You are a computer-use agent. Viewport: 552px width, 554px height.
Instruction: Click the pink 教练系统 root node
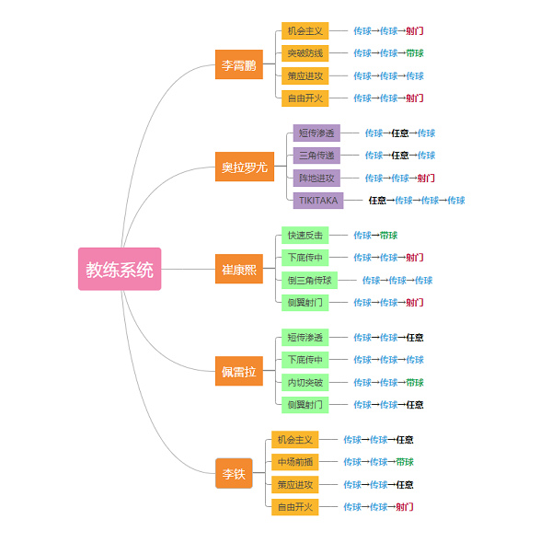120,269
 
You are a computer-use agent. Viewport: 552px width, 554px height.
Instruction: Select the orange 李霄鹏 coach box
238,64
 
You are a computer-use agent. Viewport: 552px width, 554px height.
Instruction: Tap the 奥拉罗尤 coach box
244,167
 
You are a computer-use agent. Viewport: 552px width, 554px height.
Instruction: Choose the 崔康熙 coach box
238,269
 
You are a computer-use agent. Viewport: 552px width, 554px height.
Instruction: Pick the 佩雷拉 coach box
238,371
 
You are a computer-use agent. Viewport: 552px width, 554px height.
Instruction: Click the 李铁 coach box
234,473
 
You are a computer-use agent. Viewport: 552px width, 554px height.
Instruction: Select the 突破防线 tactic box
305,53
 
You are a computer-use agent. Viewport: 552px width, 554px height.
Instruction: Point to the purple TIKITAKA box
317,200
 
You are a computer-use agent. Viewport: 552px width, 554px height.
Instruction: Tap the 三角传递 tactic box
316,156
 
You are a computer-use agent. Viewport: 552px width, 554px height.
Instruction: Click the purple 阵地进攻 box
316,178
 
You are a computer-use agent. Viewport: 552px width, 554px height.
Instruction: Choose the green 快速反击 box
305,236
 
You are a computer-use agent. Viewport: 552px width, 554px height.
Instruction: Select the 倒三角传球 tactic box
309,280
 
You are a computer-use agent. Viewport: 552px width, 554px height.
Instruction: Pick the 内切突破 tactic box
305,382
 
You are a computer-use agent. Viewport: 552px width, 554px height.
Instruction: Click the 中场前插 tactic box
294,462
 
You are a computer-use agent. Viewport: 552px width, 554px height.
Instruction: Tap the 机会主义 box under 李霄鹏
305,31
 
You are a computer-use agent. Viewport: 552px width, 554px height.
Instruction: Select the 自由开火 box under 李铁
294,506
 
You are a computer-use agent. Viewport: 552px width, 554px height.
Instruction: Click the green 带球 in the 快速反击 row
388,236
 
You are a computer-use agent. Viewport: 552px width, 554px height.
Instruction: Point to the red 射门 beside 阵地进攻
426,178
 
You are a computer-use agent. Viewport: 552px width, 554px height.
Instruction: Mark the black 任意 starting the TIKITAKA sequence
377,200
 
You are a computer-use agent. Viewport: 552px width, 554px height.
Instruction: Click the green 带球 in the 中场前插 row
405,462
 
